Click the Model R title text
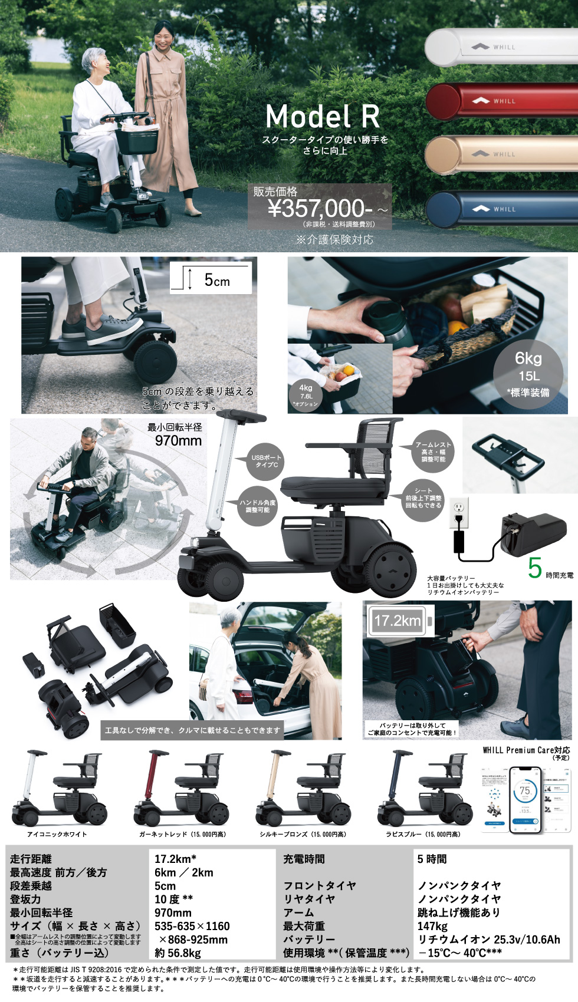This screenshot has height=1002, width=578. [323, 116]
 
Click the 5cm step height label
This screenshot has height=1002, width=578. [216, 280]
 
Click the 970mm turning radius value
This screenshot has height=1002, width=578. [178, 440]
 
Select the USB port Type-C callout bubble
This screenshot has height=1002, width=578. [266, 461]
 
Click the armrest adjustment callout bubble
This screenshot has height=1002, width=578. [433, 451]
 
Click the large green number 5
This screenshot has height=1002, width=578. [534, 568]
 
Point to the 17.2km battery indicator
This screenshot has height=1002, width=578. [398, 621]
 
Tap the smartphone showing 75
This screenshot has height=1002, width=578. [524, 799]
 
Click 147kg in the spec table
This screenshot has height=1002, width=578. [432, 926]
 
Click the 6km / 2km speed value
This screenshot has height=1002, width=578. [183, 872]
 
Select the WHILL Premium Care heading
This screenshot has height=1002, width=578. [526, 750]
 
